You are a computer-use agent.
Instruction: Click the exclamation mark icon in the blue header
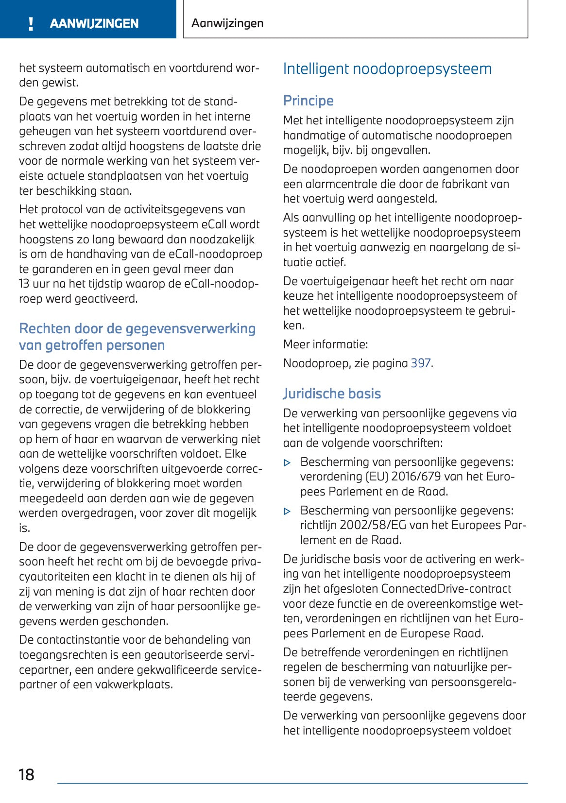(31, 23)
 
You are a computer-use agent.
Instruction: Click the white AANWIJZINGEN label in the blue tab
(94, 23)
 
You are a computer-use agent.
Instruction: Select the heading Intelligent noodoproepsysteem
(387, 69)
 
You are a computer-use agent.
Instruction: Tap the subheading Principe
(308, 101)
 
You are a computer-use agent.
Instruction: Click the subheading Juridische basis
(332, 393)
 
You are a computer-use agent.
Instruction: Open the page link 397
(421, 363)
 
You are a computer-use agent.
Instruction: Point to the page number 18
(26, 774)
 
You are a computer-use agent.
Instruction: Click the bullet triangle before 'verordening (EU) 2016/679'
(287, 463)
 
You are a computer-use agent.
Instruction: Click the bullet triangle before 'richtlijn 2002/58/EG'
(287, 512)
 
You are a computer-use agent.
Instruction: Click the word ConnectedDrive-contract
(446, 589)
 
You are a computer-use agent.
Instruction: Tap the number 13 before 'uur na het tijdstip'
(24, 284)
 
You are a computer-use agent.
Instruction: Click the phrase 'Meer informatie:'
(326, 344)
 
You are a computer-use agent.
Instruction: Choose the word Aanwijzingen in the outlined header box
(227, 23)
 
